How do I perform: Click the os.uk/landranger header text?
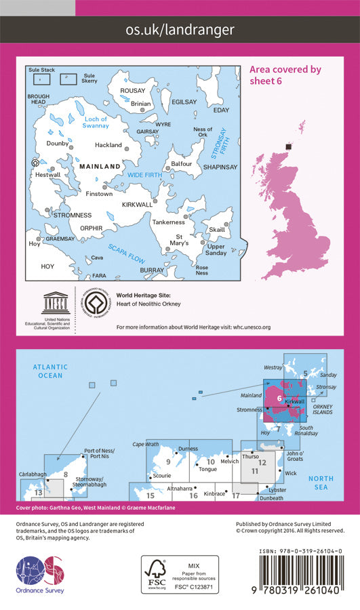point(180,30)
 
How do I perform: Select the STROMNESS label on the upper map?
point(49,215)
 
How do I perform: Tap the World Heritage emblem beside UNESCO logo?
point(96,303)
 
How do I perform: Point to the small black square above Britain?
point(289,146)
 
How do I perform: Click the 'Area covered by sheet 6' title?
point(285,75)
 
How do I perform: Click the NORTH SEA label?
point(321,483)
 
